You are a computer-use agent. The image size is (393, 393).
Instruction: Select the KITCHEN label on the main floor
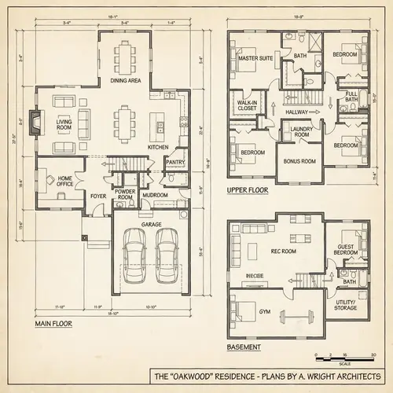[x=158, y=147]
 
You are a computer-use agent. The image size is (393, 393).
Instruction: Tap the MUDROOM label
[x=154, y=193]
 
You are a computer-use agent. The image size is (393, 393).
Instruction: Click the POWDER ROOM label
[x=124, y=193]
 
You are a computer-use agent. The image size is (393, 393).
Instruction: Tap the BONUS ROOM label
[x=299, y=161]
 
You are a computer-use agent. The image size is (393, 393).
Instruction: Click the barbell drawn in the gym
[x=300, y=308]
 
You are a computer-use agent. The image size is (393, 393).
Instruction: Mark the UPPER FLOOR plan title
[x=248, y=190]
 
